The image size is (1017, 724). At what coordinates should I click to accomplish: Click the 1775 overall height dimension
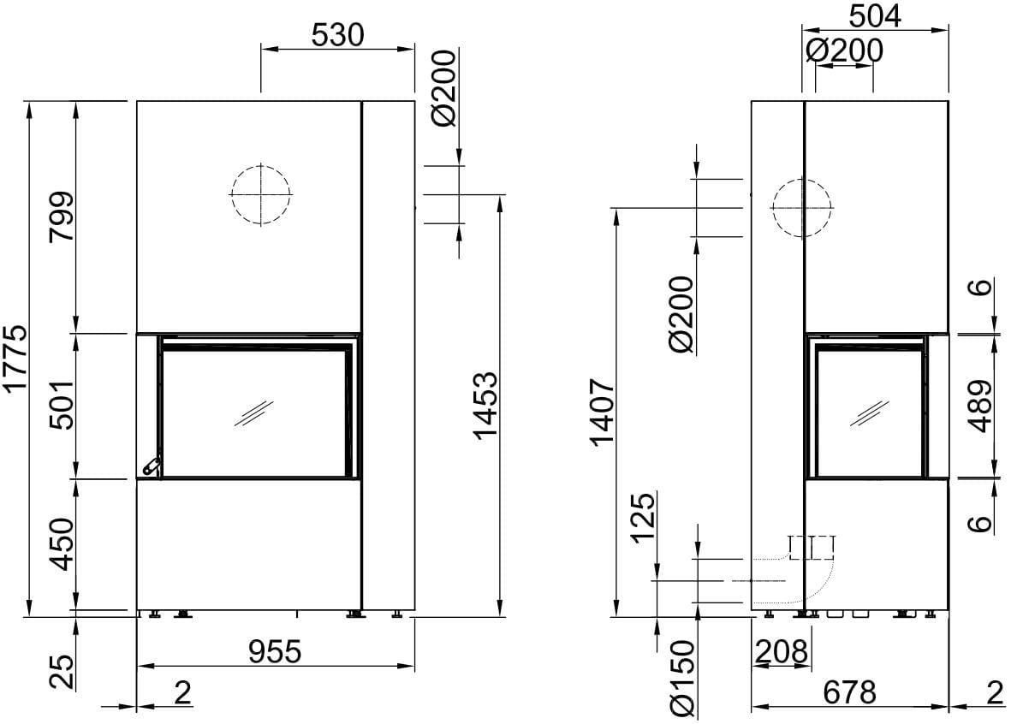[x=15, y=359]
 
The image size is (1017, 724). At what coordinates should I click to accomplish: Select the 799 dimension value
[x=62, y=216]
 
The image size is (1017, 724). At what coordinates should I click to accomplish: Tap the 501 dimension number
[x=62, y=403]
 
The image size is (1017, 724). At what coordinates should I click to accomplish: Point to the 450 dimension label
[x=62, y=543]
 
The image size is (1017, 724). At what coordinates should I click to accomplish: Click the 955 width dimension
[x=276, y=651]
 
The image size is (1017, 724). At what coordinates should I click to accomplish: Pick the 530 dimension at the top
[x=338, y=35]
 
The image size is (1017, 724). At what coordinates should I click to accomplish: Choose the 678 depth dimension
[x=850, y=693]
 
